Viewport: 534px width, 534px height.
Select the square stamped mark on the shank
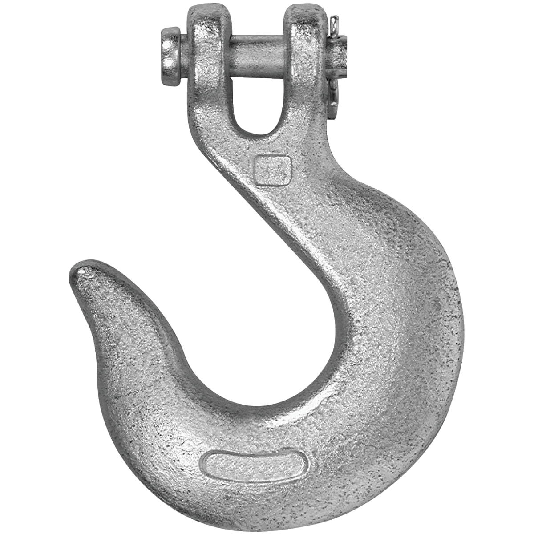coord(271,170)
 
